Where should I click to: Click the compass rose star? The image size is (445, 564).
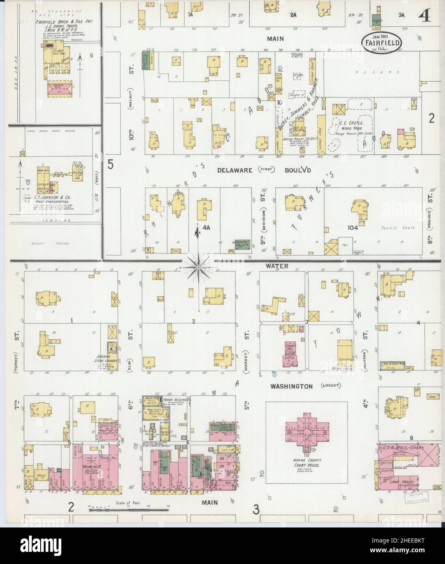198,267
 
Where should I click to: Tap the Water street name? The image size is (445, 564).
277,266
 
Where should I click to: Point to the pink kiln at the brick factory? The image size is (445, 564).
61,89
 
